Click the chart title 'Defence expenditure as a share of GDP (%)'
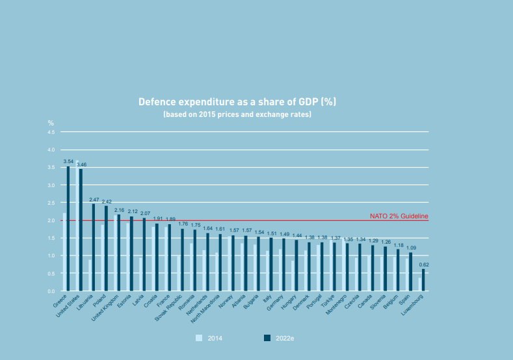237,103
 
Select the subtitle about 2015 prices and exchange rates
237,114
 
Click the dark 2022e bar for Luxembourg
423,280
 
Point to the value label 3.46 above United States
81,165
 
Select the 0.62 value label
424,265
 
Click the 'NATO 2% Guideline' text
399,216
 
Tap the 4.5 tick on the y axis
51,132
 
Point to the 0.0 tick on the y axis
51,291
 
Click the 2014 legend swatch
200,338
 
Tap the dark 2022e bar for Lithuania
94,248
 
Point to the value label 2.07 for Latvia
144,213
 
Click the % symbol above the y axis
51,123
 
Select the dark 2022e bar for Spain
411,272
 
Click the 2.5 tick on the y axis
51,203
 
